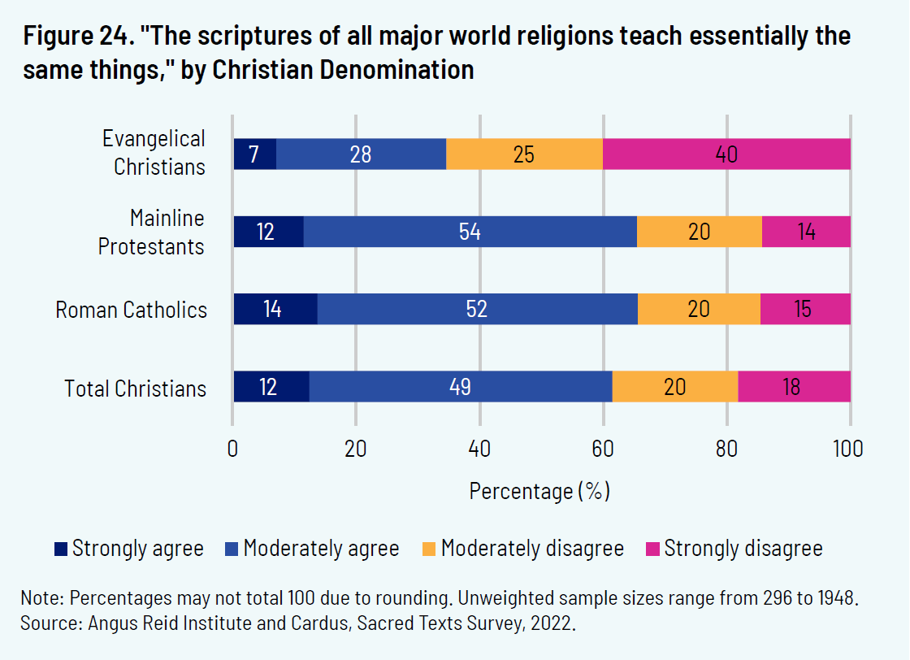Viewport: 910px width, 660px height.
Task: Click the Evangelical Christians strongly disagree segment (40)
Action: [726, 154]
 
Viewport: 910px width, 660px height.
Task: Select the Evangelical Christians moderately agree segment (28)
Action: [361, 154]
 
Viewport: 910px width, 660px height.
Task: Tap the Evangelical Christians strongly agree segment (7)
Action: [254, 154]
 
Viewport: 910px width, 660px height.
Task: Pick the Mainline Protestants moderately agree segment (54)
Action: [470, 232]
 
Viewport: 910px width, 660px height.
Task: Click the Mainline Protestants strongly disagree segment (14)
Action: [806, 232]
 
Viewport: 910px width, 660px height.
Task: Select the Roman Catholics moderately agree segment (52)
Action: [477, 310]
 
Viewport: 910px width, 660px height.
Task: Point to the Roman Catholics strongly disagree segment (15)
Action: [805, 310]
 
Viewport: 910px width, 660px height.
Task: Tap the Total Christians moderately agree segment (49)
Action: [461, 387]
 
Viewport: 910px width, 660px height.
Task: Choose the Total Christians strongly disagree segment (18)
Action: [794, 387]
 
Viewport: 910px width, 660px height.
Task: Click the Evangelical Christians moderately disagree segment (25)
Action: [524, 154]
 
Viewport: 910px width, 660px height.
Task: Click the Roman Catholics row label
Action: [131, 310]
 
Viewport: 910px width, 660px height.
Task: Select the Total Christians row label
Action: [136, 389]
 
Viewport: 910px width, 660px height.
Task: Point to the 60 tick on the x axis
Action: [604, 449]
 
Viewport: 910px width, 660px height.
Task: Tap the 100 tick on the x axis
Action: [850, 449]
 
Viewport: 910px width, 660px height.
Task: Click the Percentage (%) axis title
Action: [539, 492]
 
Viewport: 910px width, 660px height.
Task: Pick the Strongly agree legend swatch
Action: [61, 549]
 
